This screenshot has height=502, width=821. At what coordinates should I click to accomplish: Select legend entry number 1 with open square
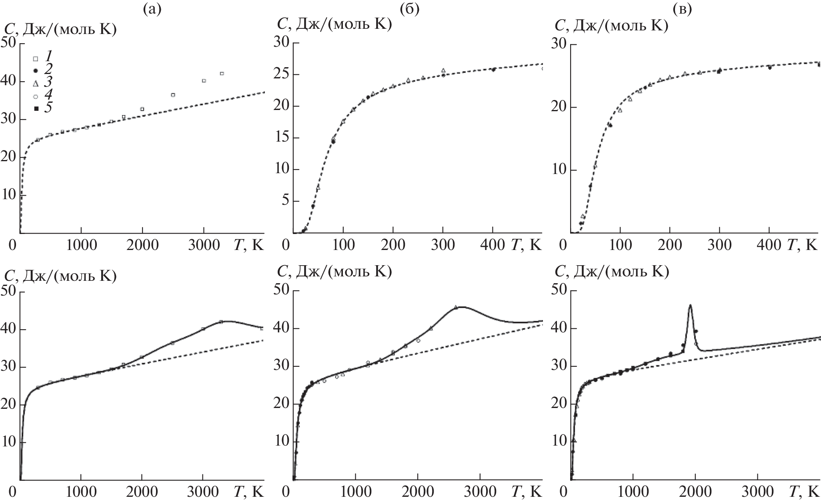coord(35,58)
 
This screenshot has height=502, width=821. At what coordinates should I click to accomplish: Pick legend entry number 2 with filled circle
coord(35,70)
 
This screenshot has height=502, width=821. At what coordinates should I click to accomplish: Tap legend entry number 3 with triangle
coord(35,83)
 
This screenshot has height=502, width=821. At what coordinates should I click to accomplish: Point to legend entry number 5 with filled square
coord(36,108)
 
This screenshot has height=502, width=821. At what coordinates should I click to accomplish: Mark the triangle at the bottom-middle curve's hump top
coord(456,307)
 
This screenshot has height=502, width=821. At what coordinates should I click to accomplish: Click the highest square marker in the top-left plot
coord(222,74)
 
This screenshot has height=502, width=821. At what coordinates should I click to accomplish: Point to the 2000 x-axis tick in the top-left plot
coord(142,245)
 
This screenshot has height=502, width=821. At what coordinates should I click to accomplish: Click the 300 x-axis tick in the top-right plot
coord(719,245)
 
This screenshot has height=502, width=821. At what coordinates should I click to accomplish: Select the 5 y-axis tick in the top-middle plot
coord(284,201)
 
